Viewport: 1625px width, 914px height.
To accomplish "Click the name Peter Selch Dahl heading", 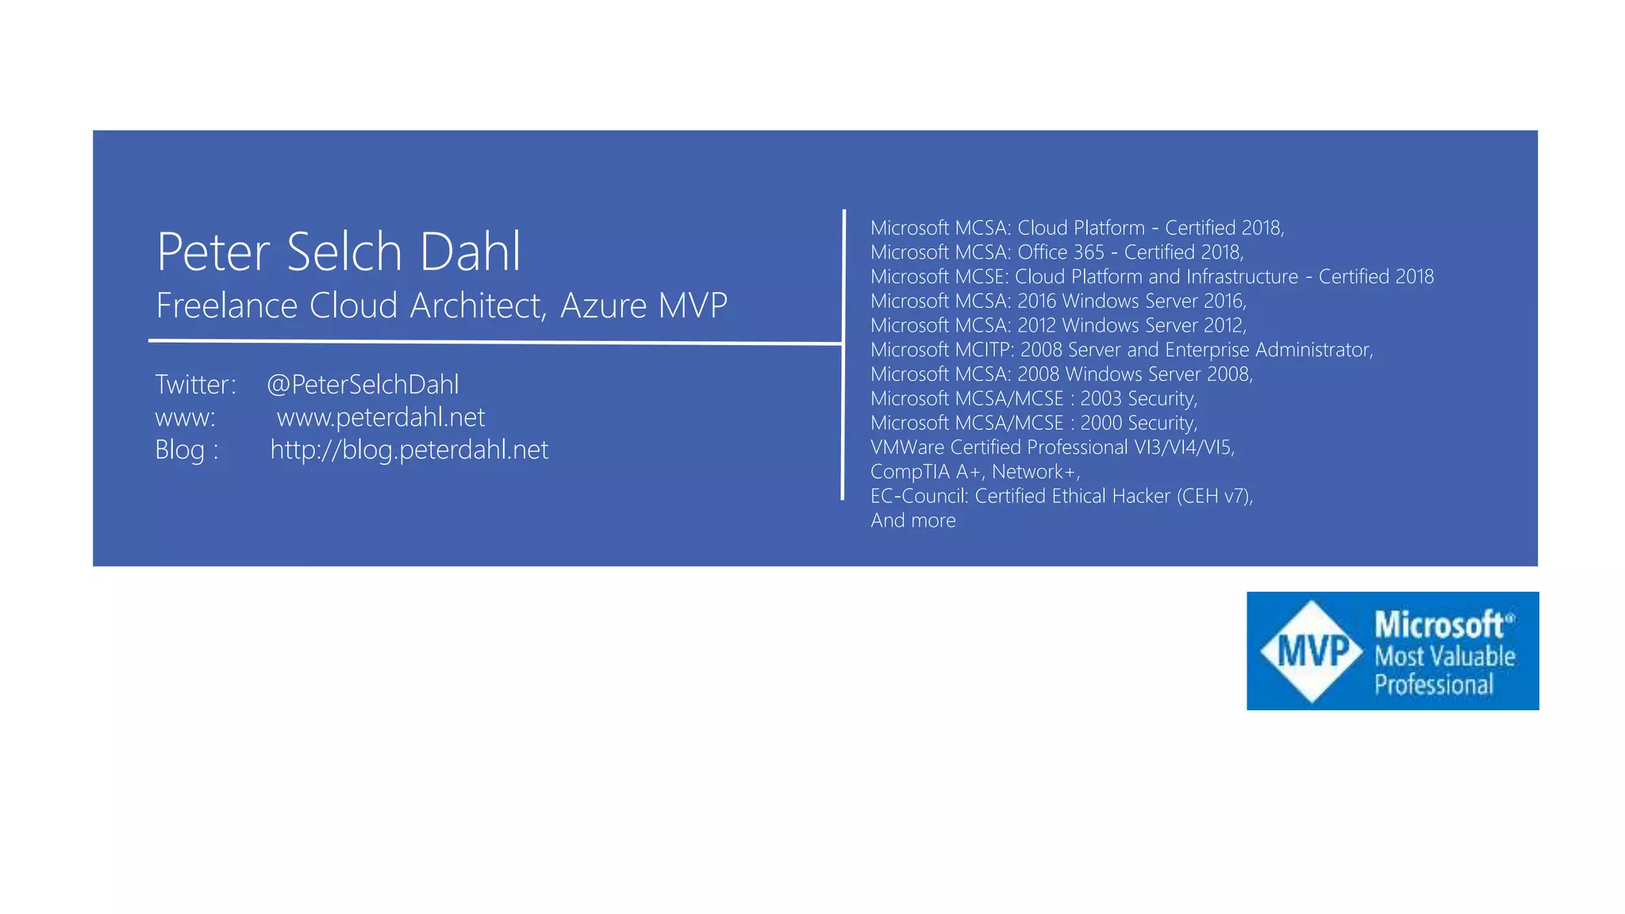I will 339,252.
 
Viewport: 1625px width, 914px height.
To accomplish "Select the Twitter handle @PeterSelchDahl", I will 363,385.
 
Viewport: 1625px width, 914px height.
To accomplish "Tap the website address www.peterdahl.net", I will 381,417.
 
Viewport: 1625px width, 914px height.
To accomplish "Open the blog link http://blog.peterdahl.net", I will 409,450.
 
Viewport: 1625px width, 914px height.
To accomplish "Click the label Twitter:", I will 195,385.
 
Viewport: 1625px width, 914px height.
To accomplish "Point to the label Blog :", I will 186,450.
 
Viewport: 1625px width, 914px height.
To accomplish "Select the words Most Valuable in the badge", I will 1444,656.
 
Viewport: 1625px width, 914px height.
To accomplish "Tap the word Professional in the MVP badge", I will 1433,684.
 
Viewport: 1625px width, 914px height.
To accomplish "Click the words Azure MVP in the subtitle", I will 643,305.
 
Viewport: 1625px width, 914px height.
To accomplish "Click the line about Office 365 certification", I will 1056,252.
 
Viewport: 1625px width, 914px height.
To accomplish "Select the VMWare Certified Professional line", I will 1052,447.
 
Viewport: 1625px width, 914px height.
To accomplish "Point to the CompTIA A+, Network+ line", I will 975,472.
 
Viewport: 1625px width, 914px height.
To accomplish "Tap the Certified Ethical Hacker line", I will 1061,496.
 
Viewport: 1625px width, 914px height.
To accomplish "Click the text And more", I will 912,520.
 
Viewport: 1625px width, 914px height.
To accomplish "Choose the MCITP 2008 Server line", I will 1121,350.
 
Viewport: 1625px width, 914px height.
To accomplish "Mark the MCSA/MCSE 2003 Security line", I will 1033,398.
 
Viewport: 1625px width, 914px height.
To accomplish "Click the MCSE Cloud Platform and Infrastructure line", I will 1151,277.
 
